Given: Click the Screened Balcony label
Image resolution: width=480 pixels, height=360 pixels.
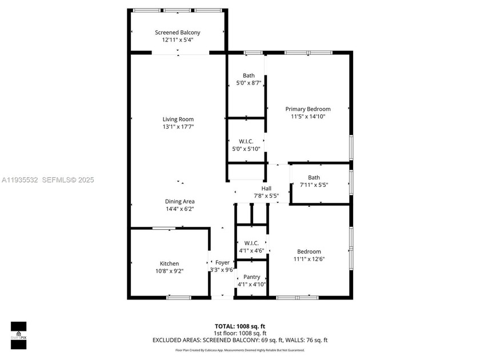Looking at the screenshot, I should (178, 33).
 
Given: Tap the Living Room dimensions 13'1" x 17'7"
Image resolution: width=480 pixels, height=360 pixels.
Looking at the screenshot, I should (178, 127).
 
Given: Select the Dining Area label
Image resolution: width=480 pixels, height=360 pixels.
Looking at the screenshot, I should (180, 201).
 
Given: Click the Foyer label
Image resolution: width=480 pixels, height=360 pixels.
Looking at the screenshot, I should (222, 263).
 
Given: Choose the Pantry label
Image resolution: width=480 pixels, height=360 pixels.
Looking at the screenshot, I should (252, 277).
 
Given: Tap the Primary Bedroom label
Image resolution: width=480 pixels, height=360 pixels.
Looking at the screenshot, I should (308, 109).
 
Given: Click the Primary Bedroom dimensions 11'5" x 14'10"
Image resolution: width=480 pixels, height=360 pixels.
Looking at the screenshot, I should (308, 117).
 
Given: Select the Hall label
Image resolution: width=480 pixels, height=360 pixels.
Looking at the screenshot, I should (266, 189).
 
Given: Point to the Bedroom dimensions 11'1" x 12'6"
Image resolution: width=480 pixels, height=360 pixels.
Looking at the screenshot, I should (309, 259).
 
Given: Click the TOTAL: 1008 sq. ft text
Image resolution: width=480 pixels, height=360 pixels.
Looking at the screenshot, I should (239, 326).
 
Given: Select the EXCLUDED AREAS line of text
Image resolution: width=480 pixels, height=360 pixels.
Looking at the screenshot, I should (239, 340).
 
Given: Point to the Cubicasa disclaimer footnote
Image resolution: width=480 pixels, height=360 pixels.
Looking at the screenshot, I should (239, 350).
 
